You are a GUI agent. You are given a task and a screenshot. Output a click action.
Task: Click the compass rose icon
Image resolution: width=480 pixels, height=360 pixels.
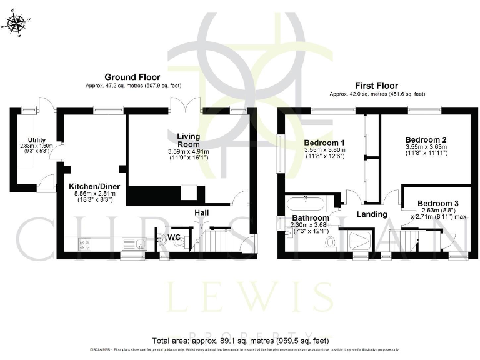click(x=16, y=24)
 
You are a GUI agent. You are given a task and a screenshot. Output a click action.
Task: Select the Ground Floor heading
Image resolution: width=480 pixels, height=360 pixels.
click(x=132, y=77)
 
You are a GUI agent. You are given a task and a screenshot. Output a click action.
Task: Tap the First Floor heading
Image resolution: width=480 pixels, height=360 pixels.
click(x=377, y=86)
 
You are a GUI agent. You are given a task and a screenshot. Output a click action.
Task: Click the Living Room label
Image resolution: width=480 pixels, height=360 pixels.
click(x=187, y=140)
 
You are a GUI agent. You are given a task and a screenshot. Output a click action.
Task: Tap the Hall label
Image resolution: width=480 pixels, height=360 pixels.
click(x=201, y=213)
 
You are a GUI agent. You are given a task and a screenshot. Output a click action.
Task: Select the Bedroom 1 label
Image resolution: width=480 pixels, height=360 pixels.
click(x=324, y=142)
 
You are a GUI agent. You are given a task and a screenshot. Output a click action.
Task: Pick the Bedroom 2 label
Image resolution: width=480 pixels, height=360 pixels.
click(x=426, y=139)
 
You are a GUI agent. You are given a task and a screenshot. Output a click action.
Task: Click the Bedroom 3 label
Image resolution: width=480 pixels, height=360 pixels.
click(x=437, y=204)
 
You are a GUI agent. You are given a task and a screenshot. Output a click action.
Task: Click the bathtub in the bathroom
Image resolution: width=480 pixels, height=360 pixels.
click(x=305, y=203)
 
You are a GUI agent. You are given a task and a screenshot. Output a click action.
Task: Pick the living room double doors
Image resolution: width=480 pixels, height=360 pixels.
click(x=185, y=105)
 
